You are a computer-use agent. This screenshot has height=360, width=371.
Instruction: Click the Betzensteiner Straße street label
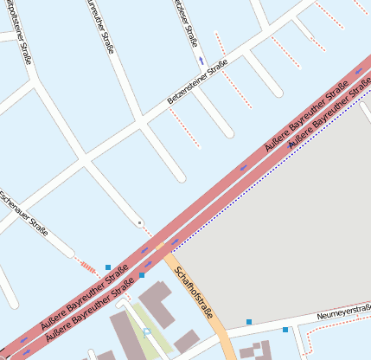pos(197,87)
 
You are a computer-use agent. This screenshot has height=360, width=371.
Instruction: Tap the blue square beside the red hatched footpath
pos(108,267)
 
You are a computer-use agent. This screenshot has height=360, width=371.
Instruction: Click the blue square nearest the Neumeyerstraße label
pos(285,330)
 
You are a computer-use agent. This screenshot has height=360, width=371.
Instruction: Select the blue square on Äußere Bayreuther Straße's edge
pos(142,275)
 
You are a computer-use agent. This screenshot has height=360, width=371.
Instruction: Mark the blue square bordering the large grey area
pos(249,322)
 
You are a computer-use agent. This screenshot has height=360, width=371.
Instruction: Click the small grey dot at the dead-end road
pos(139,223)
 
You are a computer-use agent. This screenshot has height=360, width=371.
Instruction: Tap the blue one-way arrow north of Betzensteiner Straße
pos(201,61)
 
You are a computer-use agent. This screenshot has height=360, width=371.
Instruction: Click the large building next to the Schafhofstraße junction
pos(157,302)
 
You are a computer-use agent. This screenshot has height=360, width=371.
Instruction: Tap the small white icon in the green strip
pos(146,331)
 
